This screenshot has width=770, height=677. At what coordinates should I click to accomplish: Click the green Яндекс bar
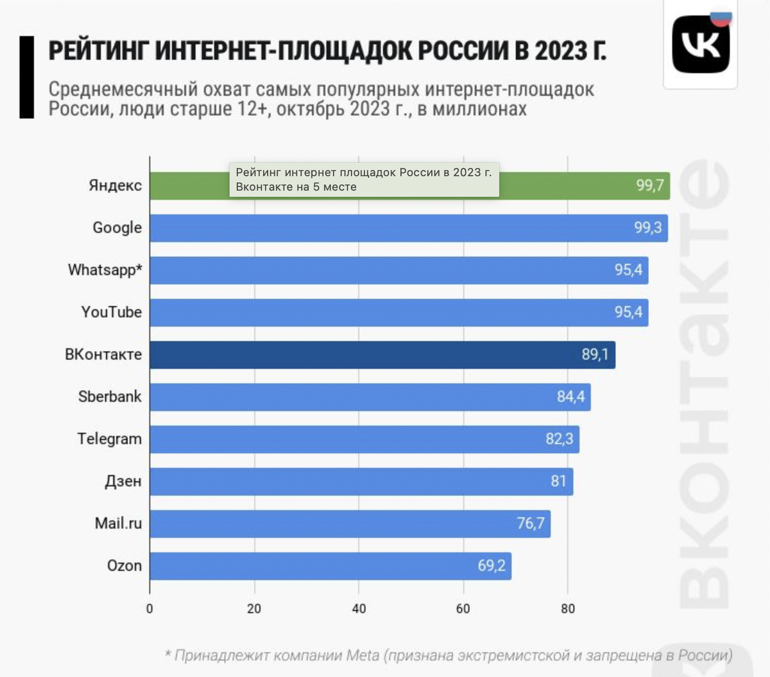(x=565, y=186)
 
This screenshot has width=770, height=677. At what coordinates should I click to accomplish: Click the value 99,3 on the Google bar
(x=647, y=228)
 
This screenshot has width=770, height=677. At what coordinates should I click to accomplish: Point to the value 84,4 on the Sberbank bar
(x=570, y=397)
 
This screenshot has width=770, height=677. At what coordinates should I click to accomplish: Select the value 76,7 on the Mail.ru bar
(x=531, y=524)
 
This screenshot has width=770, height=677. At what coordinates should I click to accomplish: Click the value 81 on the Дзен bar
(x=558, y=481)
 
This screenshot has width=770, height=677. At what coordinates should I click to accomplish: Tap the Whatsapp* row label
(x=105, y=270)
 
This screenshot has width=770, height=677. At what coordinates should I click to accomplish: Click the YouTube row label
(x=111, y=313)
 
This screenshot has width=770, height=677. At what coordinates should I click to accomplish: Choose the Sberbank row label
(x=110, y=397)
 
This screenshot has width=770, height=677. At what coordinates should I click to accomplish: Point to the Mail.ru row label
(x=118, y=524)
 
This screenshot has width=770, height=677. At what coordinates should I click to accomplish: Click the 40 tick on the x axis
(x=359, y=609)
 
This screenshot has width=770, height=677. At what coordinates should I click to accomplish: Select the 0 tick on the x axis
(x=150, y=609)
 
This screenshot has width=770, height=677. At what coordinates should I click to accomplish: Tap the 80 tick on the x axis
(x=568, y=609)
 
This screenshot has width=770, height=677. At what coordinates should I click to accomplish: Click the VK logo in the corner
(x=701, y=45)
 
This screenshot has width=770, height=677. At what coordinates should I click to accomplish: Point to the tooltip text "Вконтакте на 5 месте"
(x=296, y=187)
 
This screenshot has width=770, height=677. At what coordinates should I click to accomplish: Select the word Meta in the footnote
(x=363, y=656)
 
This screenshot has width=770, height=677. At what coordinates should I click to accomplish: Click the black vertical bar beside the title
(x=26, y=77)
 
